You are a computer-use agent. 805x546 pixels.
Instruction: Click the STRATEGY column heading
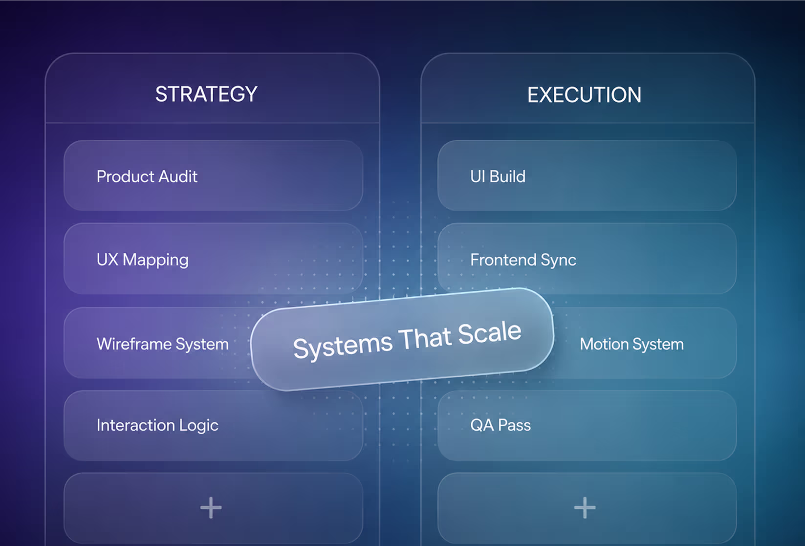[x=206, y=94]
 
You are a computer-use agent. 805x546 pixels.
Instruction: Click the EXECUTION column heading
[x=585, y=95]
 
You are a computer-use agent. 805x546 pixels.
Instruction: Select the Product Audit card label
[x=147, y=176]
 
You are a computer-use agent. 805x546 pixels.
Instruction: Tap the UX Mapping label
[x=143, y=260]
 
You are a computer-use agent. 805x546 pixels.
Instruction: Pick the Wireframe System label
[x=163, y=344]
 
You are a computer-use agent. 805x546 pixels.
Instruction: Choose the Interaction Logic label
[x=157, y=425]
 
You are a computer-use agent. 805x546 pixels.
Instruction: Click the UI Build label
[x=498, y=176]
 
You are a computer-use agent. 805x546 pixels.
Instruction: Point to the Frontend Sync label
[x=523, y=260]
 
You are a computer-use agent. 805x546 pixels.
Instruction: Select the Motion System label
[x=632, y=344]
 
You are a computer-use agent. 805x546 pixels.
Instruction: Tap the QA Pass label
[x=500, y=425]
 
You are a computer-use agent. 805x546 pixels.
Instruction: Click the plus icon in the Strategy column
[x=211, y=507]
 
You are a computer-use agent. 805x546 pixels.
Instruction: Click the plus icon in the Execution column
[x=585, y=507]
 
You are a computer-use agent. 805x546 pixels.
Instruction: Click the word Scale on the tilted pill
[x=490, y=333]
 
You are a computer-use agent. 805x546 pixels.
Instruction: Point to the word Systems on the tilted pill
[x=343, y=347]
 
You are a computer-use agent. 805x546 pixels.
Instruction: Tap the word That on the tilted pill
[x=426, y=339]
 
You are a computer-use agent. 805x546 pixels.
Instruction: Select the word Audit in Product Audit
[x=178, y=176]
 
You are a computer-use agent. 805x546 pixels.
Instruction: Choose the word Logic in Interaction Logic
[x=199, y=426]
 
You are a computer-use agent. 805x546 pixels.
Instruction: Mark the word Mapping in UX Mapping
[x=155, y=260]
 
